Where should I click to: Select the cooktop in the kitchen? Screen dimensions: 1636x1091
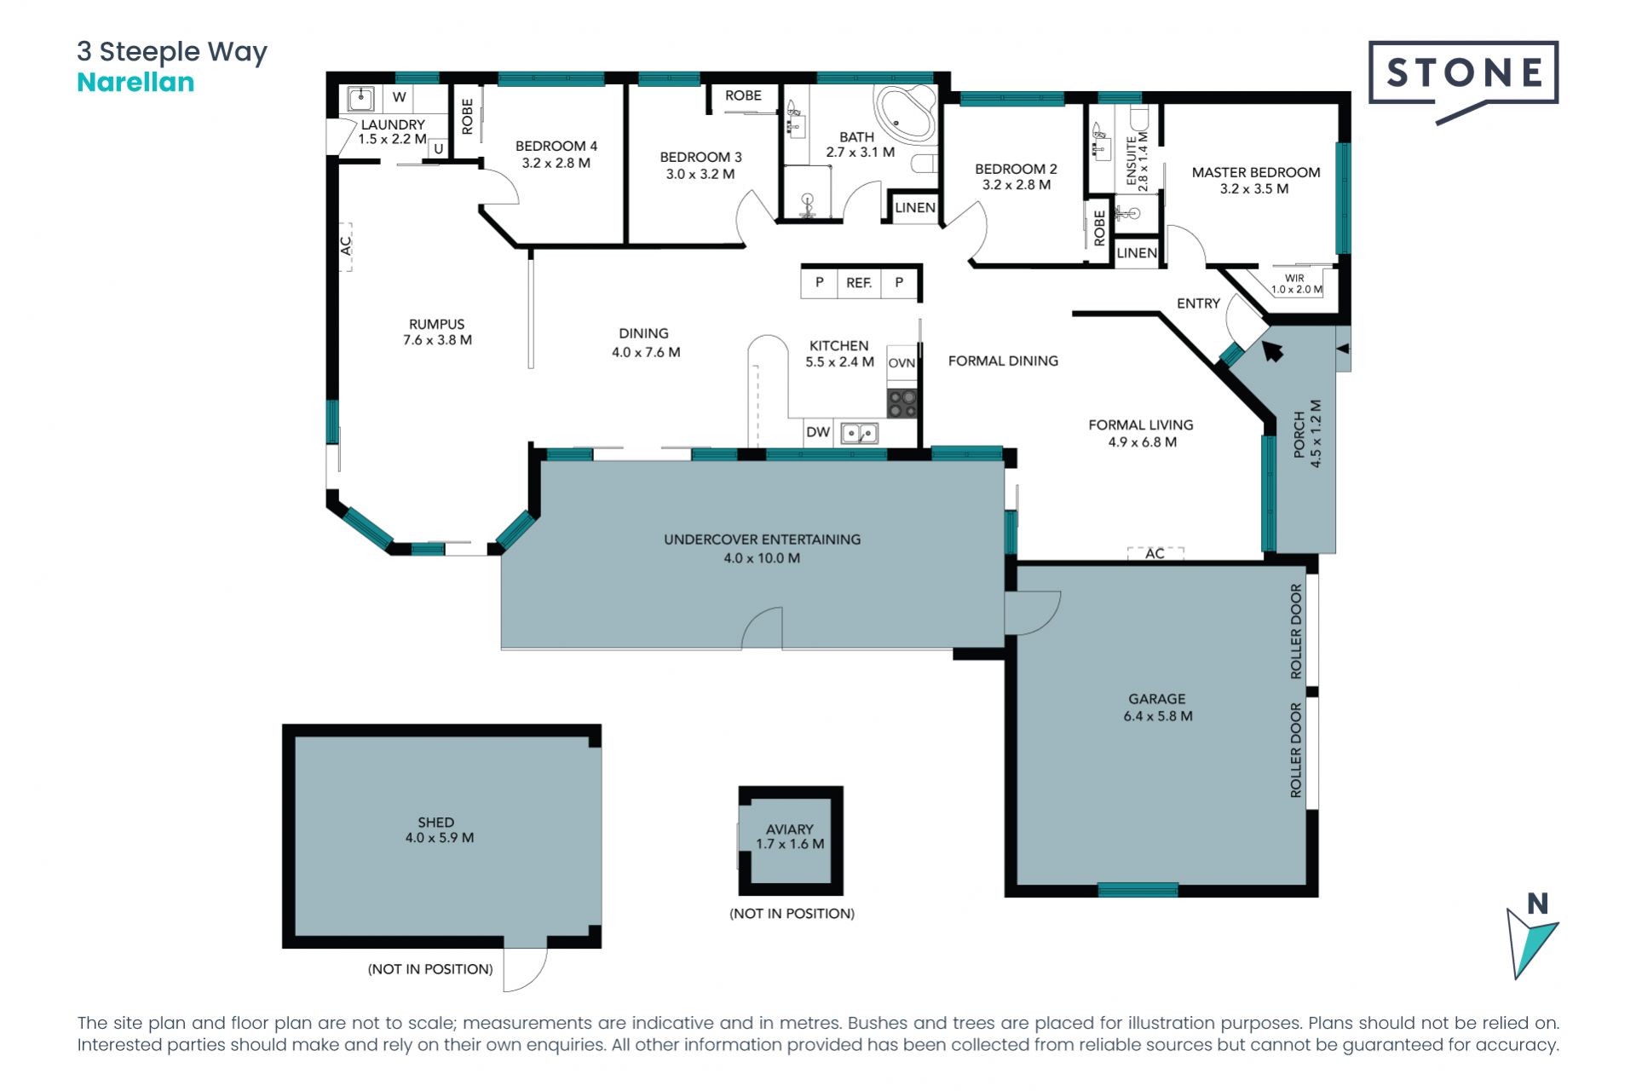click(902, 403)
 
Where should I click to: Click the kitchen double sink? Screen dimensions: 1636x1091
click(860, 434)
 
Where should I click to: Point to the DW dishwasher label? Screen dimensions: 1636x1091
click(818, 432)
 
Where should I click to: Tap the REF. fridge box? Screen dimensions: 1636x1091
click(859, 283)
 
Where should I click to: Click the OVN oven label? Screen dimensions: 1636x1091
click(902, 363)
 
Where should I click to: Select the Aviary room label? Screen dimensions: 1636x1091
click(790, 836)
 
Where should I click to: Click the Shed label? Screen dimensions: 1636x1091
click(439, 829)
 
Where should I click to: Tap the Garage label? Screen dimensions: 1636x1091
click(1157, 707)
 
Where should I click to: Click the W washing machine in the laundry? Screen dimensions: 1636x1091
click(399, 97)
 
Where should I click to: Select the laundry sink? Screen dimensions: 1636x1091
click(360, 99)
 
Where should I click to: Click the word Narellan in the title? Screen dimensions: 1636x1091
click(135, 83)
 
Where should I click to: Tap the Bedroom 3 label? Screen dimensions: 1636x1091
click(700, 165)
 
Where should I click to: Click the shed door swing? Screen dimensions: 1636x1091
click(525, 969)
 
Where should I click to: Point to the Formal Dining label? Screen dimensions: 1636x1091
click(1003, 361)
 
